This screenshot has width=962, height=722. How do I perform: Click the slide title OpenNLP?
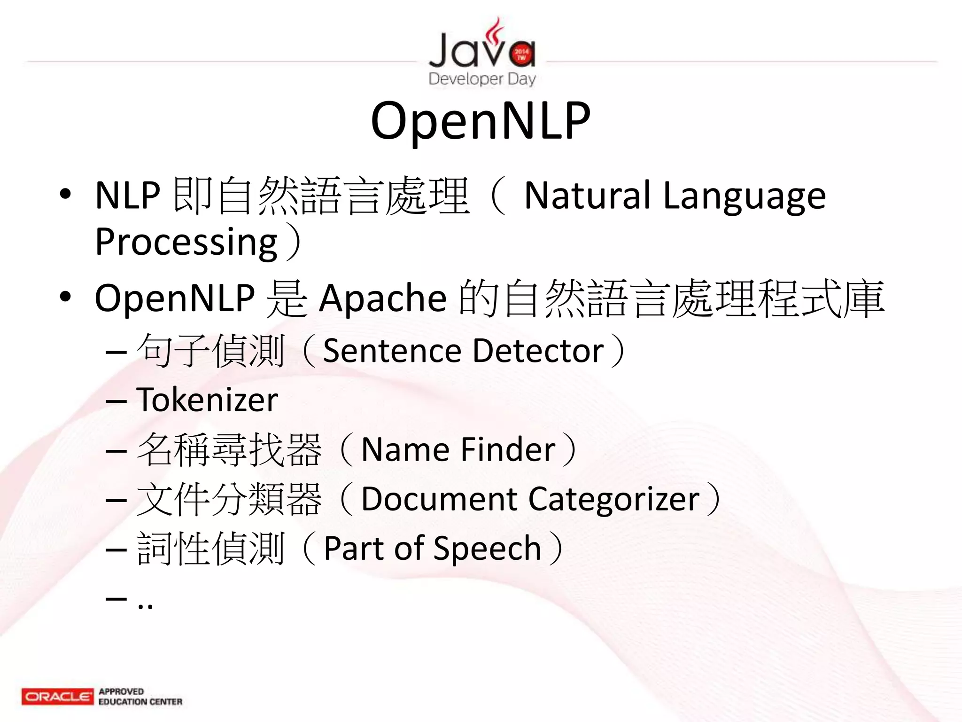click(481, 121)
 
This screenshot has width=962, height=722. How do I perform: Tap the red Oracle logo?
click(57, 696)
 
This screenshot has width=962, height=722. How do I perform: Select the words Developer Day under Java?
click(482, 78)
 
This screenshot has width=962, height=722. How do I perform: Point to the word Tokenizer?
click(207, 400)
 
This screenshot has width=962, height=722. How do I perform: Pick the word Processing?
click(186, 242)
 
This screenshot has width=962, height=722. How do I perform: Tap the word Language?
click(744, 196)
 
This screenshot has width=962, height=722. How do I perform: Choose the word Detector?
click(538, 351)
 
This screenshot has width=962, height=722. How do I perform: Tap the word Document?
click(439, 499)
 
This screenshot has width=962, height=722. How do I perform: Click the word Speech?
click(487, 549)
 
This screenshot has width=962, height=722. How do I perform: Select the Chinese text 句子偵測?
click(210, 351)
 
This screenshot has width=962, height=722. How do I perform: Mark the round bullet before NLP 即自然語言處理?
click(65, 194)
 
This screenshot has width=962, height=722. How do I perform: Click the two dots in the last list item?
click(145, 605)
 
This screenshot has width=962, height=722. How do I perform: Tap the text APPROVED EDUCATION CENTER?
click(140, 697)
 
